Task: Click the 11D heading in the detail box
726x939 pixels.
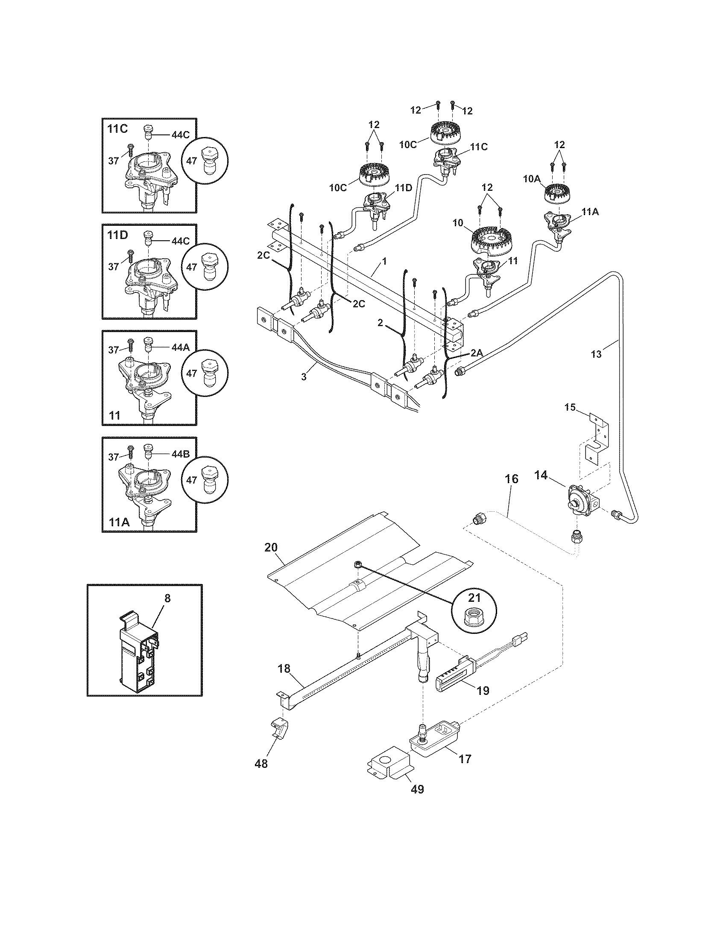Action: pos(118,235)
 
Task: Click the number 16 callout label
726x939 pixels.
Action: pos(511,479)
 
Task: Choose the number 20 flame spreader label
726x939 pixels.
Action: pos(271,547)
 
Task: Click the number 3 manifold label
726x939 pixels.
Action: pos(304,377)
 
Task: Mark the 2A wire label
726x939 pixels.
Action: pos(477,353)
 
